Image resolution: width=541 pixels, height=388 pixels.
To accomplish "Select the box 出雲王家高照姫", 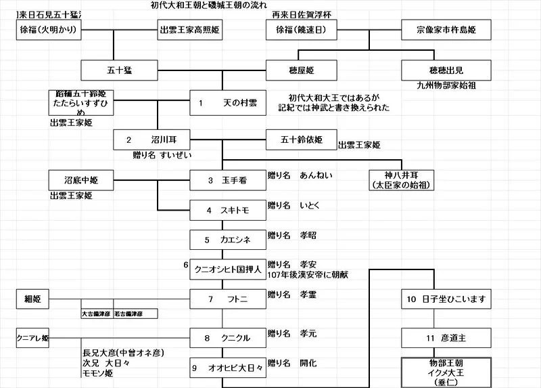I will (x=189, y=30).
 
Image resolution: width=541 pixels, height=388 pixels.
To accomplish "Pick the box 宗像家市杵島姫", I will (x=434, y=30).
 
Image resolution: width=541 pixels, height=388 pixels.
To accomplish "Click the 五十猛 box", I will (x=118, y=70).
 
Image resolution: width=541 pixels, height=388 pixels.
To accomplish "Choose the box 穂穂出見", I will (x=434, y=70).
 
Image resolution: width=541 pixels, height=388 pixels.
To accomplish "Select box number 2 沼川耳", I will (x=154, y=139).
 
